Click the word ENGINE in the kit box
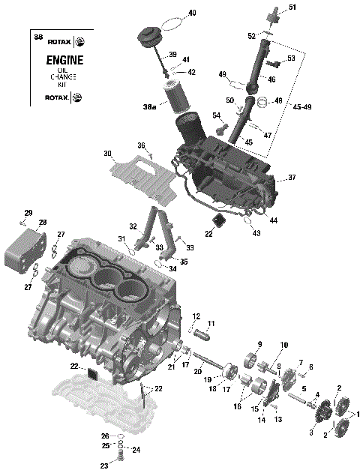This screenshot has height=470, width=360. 64,61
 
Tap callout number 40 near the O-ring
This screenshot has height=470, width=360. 192,13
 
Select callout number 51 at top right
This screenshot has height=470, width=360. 292,7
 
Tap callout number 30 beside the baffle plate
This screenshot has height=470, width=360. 108,154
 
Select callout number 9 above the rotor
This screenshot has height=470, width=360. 260,344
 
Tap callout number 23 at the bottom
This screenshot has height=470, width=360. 103,465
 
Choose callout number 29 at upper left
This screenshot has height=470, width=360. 28,212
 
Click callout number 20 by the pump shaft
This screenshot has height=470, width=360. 198,370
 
